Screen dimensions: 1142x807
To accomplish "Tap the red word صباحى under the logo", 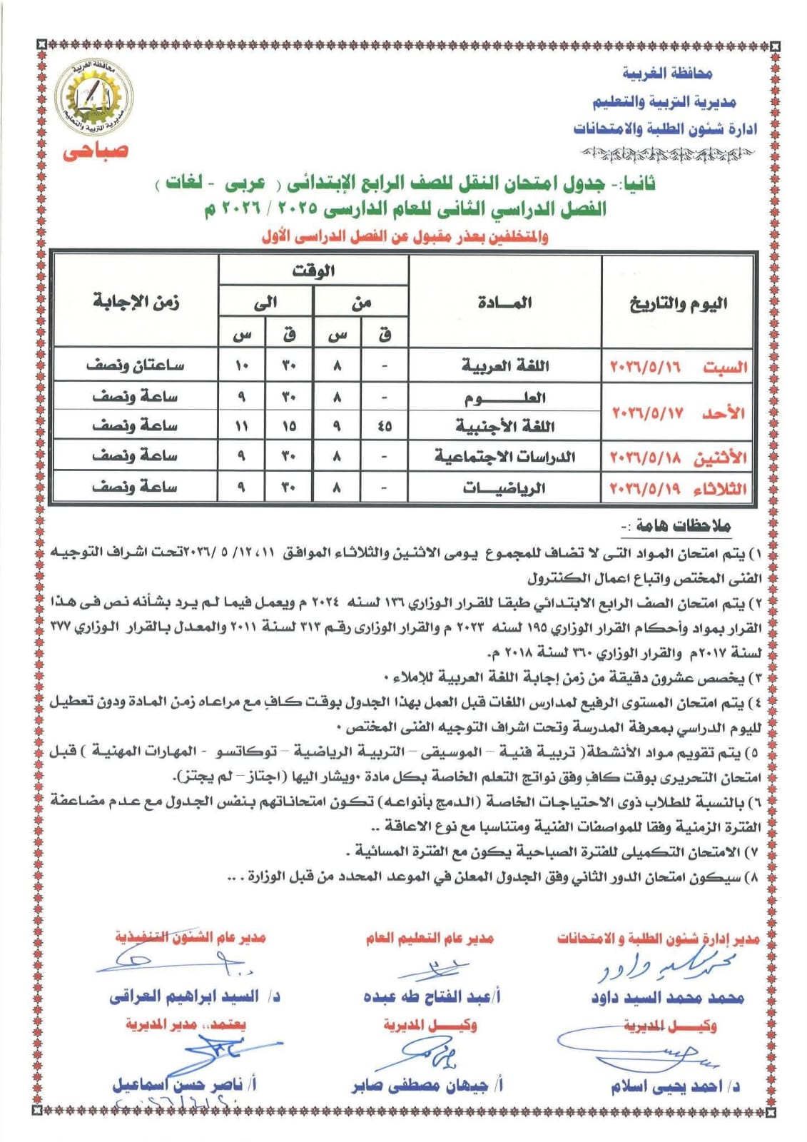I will pos(95,151).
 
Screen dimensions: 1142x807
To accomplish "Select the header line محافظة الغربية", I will pos(667,73).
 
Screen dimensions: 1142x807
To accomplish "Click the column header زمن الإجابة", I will pos(136,301).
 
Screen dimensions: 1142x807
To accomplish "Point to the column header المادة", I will pos(504,303).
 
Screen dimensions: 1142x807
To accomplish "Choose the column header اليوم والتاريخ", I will pos(678,303).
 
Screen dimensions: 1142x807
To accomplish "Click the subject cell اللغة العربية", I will pos(504,366).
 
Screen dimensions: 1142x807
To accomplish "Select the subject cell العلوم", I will pos(504,397).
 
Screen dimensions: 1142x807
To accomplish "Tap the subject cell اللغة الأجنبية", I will pos(504,426).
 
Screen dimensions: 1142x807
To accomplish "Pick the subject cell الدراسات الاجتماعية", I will pos(504,456).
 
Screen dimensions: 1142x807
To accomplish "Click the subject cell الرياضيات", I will pos(504,488).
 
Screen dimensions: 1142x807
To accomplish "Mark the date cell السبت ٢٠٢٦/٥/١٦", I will pos(678,367).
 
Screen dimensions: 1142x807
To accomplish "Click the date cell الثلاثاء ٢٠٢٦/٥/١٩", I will pos(678,489).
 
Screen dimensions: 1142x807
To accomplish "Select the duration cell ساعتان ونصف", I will pos(136,365).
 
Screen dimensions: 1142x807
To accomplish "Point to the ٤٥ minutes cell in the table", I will pos(385,426).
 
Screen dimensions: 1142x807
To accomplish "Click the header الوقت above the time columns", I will pos(313,271).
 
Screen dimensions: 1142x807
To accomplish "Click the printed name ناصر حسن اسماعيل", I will pos(184,1085).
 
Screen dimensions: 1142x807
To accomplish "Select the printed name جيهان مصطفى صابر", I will pos(427,1086).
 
